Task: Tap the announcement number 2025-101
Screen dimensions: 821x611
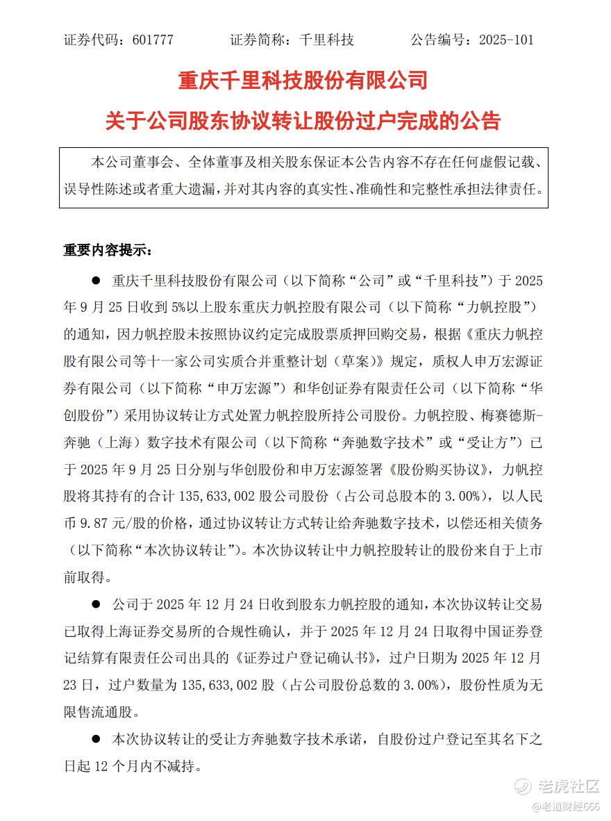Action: [506, 40]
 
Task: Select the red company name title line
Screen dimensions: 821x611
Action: [303, 81]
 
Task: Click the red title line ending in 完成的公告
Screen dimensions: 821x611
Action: [303, 121]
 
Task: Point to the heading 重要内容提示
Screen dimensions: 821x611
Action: [105, 250]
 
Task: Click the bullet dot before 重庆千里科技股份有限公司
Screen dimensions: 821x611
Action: [97, 281]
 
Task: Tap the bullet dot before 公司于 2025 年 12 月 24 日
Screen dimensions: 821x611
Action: [97, 604]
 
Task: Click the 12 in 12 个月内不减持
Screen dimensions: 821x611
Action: [101, 766]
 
